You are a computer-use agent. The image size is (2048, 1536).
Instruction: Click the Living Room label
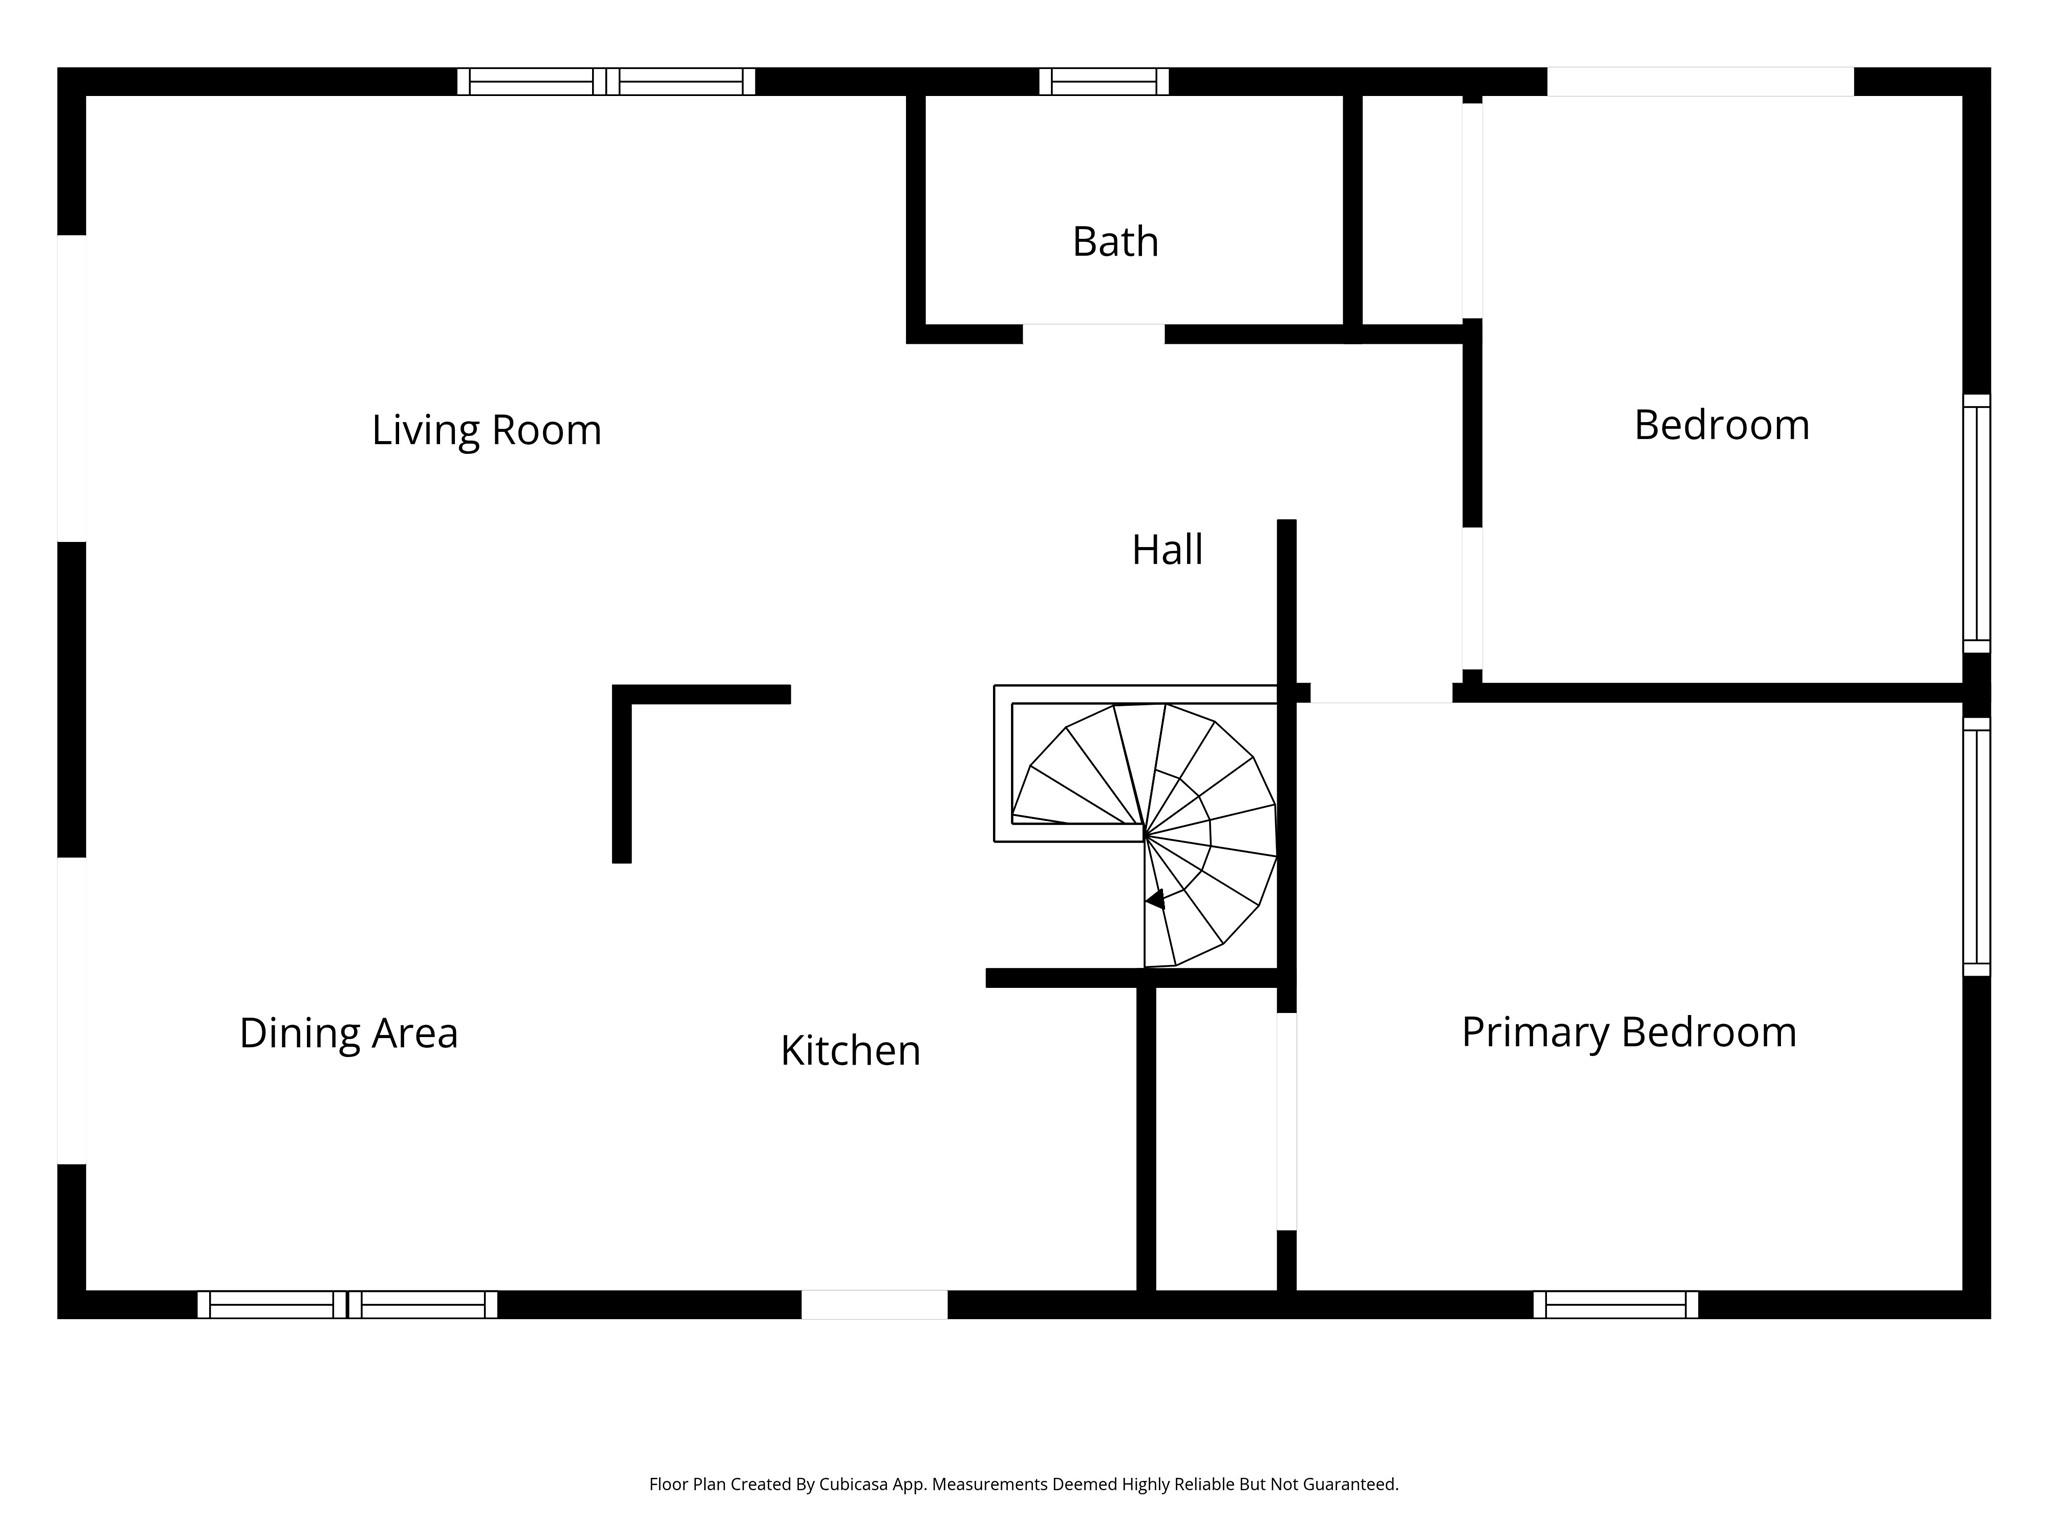coord(486,430)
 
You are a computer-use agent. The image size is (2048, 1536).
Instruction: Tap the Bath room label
coord(1115,242)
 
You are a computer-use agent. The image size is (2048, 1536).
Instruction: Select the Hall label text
coord(1167,550)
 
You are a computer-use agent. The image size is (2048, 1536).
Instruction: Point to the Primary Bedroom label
coord(1628,1032)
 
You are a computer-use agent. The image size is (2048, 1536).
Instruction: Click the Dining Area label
coord(348,1033)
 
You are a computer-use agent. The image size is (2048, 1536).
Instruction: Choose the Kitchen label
coord(850,1051)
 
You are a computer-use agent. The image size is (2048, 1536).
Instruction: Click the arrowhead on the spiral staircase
coord(1156,900)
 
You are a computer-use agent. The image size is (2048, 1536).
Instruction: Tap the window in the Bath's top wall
coord(1104,81)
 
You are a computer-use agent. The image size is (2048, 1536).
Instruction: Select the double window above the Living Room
coord(606,81)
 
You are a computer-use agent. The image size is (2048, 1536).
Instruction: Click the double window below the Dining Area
coord(347,1304)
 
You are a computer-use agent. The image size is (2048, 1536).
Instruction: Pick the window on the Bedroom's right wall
coord(1976,523)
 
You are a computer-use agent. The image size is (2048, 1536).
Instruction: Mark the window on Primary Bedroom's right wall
coord(1976,846)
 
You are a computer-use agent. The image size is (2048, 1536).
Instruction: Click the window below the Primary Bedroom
coord(1615,1304)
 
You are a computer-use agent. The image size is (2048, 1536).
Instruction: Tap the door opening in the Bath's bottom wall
coord(1093,334)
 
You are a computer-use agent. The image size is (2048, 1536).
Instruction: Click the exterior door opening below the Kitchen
coord(874,1304)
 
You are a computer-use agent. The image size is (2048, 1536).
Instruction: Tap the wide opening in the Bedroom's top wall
coord(1700,81)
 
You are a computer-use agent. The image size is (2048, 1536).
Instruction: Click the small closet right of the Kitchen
coord(1216,1140)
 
